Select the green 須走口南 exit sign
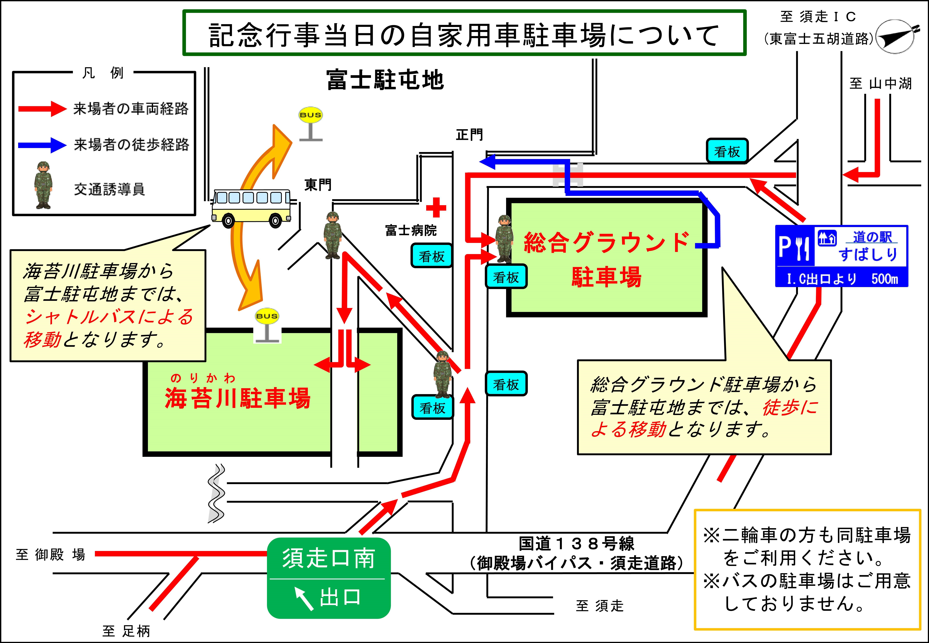coord(329,578)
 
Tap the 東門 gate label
coord(318,185)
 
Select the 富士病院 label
coord(410,230)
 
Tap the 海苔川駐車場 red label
coord(238,398)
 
